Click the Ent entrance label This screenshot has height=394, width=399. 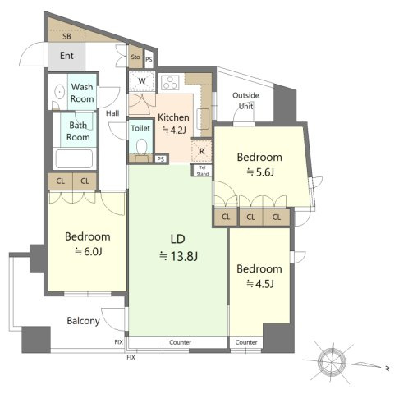(66, 56)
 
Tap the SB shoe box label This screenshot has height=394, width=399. (66, 36)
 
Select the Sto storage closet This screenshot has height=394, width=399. (135, 57)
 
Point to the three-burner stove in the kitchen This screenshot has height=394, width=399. (170, 83)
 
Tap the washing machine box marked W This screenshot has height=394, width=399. (142, 81)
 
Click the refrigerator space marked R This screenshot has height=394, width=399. (202, 151)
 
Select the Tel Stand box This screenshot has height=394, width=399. (203, 171)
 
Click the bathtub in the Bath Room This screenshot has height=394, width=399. (74, 158)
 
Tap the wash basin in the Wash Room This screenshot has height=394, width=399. (59, 92)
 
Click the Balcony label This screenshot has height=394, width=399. (83, 321)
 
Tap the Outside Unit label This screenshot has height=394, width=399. (245, 101)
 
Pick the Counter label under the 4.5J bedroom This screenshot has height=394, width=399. (246, 342)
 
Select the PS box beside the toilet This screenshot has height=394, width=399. (161, 159)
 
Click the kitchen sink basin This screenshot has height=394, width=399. (203, 119)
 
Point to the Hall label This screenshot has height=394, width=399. (112, 113)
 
